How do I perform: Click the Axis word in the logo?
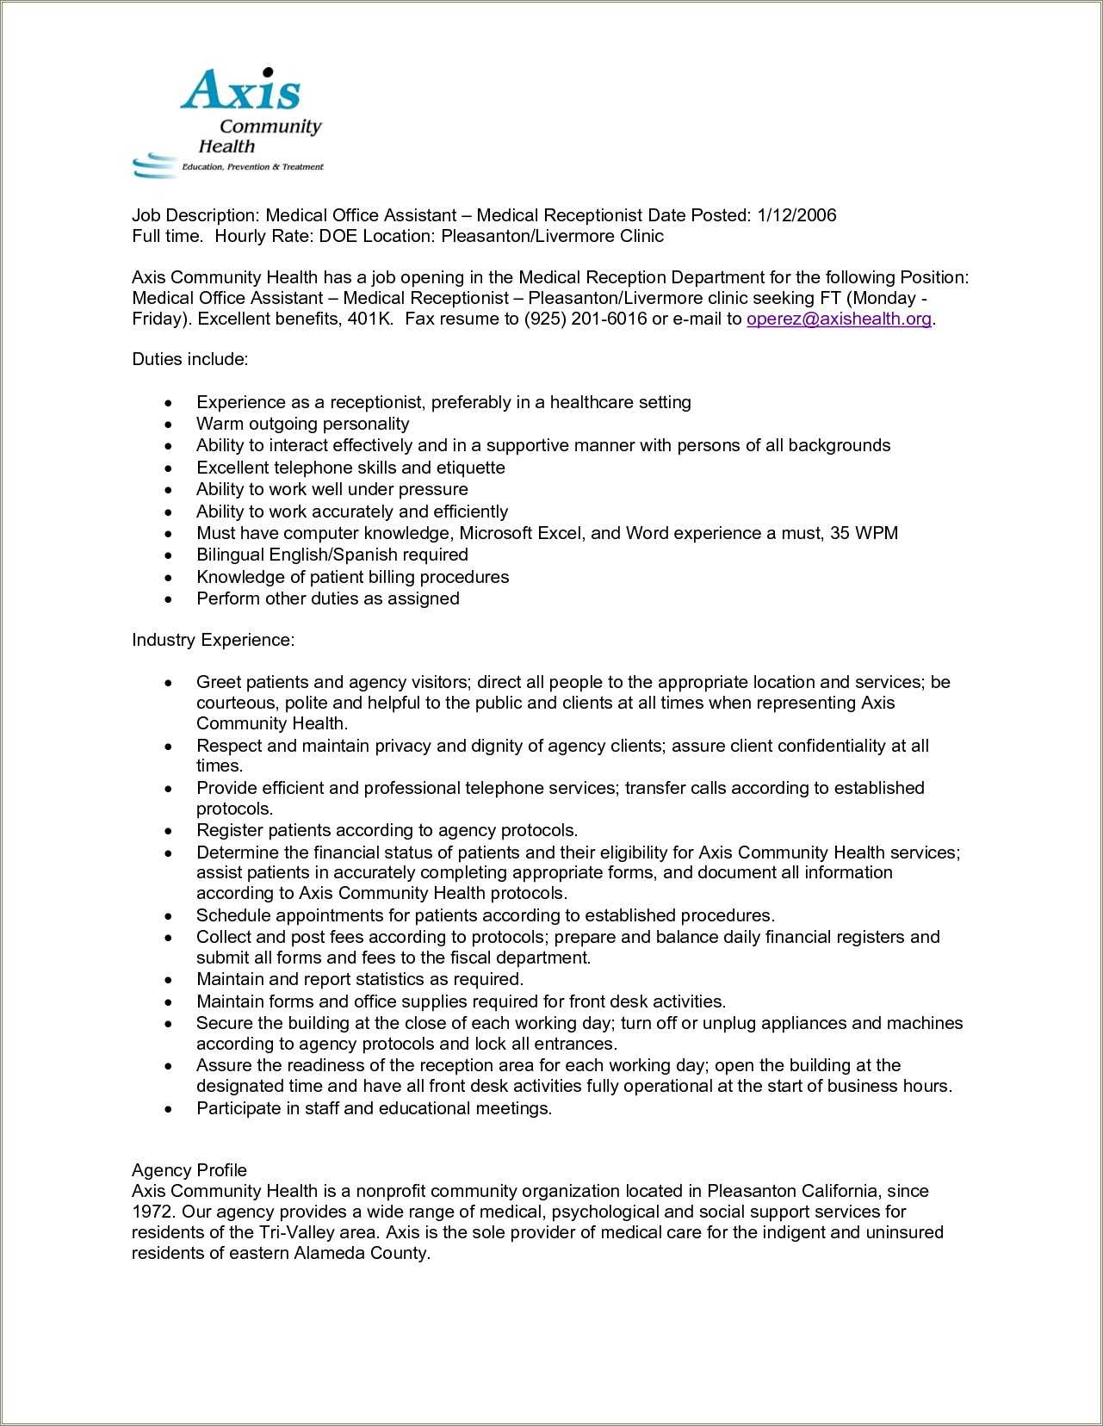pyautogui.click(x=240, y=90)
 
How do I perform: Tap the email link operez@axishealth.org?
pyautogui.click(x=839, y=319)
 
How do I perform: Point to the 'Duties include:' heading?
pyautogui.click(x=189, y=359)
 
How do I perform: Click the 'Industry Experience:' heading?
pyautogui.click(x=213, y=640)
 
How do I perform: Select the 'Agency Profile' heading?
pyautogui.click(x=189, y=1170)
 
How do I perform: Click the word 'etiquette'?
pyautogui.click(x=470, y=468)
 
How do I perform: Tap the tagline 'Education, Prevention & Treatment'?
pyautogui.click(x=251, y=167)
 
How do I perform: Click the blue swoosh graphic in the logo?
pyautogui.click(x=153, y=164)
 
